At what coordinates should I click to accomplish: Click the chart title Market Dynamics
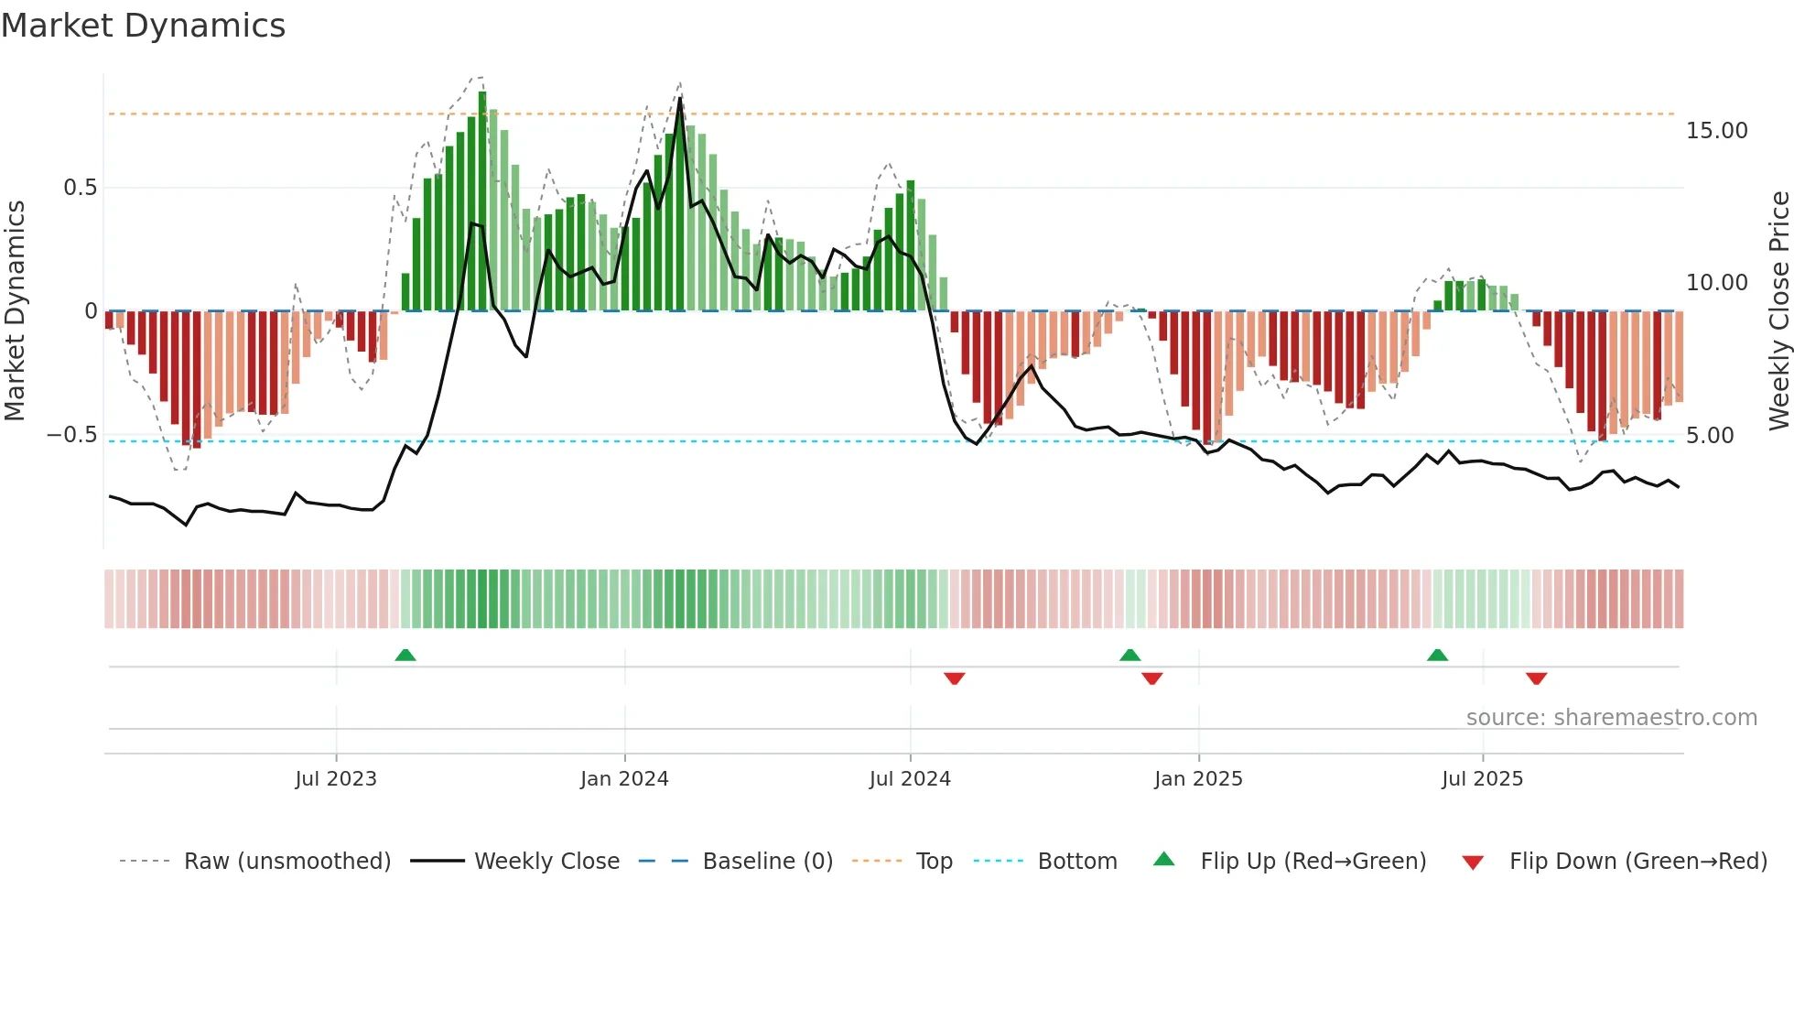click(143, 26)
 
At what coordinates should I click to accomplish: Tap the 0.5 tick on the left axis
click(80, 188)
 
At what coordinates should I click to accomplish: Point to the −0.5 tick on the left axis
click(72, 434)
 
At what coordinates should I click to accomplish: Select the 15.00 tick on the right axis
click(1716, 131)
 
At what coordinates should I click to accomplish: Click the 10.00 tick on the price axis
click(1716, 283)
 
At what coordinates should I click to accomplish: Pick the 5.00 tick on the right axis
click(1709, 436)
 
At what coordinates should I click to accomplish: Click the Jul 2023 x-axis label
click(335, 779)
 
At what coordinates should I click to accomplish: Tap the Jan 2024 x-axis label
click(624, 779)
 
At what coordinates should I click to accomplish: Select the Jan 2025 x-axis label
click(1198, 779)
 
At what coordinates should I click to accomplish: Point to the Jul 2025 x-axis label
click(1482, 779)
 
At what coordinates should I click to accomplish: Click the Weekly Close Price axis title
click(1778, 310)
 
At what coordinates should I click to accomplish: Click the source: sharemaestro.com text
click(1611, 718)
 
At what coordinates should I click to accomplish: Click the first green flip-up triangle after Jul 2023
click(405, 655)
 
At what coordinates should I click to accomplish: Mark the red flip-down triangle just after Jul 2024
click(954, 678)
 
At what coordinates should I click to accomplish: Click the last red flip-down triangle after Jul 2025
click(1536, 678)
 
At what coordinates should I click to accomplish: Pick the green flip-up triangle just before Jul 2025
click(1437, 655)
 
